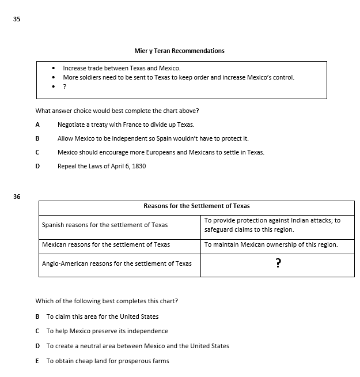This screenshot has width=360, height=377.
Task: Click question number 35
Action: [16, 19]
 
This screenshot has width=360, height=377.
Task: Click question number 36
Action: [16, 197]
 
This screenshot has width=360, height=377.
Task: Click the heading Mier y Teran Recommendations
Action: [179, 51]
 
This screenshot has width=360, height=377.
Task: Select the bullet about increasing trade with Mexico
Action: [122, 68]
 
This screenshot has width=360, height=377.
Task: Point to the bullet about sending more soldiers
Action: [178, 77]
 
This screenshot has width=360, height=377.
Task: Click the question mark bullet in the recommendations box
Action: [65, 86]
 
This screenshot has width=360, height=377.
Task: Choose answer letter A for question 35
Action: [37, 125]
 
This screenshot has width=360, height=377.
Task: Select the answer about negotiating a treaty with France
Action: [126, 125]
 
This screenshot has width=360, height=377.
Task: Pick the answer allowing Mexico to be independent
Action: [153, 138]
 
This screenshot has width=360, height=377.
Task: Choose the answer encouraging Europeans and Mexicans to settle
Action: [161, 152]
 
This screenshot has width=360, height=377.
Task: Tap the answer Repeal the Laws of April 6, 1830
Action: [101, 166]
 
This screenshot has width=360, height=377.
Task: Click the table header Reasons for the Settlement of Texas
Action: [196, 206]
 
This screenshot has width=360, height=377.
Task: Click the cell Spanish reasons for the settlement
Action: [105, 225]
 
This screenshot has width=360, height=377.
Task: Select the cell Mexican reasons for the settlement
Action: [106, 244]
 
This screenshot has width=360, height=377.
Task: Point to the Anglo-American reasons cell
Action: [117, 263]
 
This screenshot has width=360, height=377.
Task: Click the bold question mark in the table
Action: [278, 264]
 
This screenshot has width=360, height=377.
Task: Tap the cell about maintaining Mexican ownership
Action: [271, 244]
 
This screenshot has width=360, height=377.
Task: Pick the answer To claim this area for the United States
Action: [102, 316]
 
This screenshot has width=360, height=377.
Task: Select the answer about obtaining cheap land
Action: [107, 361]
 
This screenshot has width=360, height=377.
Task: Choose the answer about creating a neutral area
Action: [137, 346]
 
